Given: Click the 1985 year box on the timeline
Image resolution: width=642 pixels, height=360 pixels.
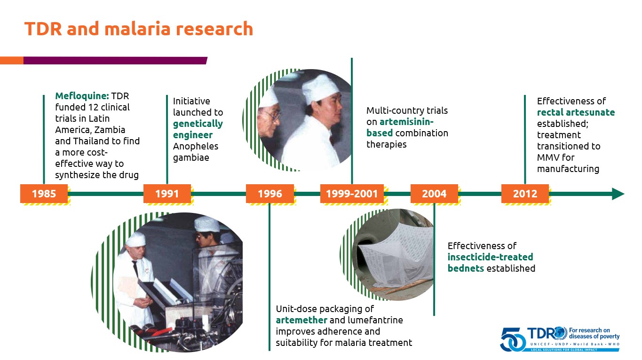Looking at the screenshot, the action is tap(44, 194).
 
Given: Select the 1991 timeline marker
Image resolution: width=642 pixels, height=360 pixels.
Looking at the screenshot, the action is tap(167, 194).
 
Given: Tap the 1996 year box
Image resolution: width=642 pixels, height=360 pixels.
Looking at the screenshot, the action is tap(269, 194).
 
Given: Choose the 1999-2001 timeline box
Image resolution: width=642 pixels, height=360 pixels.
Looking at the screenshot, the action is tap(352, 194).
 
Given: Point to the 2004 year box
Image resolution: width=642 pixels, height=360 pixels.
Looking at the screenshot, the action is tap(434, 194).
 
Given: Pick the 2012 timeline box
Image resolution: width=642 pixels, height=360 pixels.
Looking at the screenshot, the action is tap(525, 194).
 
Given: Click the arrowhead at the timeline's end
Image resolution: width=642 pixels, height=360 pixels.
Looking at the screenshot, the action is tap(618, 194).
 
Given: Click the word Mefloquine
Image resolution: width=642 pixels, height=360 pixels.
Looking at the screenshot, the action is tap(82, 96).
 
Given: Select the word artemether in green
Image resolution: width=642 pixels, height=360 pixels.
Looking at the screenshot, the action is tap(301, 320).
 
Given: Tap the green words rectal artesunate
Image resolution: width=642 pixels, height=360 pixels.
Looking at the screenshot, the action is tap(576, 112).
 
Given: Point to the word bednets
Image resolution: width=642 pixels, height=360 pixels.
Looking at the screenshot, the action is tap(466, 268).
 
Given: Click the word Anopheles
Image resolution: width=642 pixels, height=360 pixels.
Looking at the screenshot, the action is tap(196, 146).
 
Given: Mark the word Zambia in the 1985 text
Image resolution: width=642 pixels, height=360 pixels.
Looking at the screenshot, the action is tap(110, 130).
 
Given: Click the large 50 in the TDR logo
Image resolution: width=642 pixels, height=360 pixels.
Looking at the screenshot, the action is tap(513, 340).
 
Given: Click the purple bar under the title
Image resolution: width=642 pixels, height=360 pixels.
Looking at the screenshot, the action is tap(115, 61).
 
